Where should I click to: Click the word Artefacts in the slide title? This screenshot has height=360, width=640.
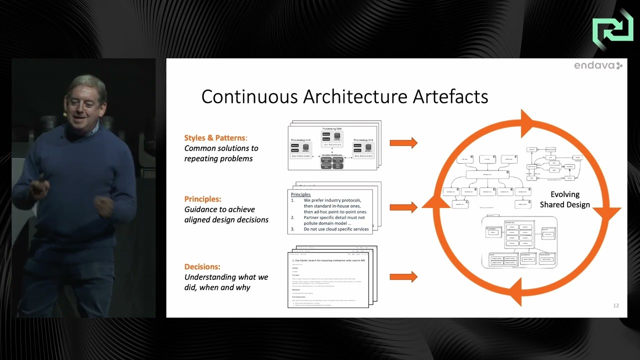coord(450,96)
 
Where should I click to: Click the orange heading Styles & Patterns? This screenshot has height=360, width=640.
coord(215,137)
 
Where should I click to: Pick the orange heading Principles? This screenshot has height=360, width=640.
coord(202,198)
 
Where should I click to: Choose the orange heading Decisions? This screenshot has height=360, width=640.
coord(202,266)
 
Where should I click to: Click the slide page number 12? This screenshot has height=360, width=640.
coord(616,305)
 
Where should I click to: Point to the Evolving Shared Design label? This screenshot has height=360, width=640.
coord(564,199)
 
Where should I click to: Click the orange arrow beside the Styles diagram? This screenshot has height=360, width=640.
coord(403,143)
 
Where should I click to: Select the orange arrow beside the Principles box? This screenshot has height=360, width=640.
coord(403,207)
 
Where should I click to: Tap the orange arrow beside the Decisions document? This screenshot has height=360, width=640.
coord(403,276)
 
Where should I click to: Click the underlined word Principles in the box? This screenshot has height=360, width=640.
coord(300,194)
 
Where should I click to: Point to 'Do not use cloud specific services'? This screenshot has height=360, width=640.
coord(336,229)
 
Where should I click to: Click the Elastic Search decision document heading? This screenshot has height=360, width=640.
coord(328,260)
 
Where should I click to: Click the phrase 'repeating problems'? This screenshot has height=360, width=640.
coord(218,158)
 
